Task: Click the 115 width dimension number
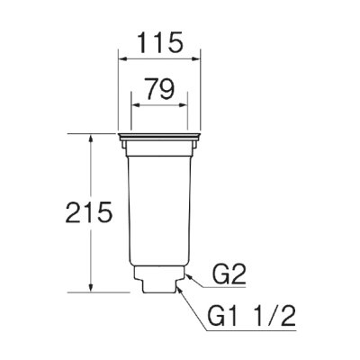click(160, 42)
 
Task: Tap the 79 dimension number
click(159, 89)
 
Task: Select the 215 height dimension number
click(89, 212)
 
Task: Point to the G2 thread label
click(229, 274)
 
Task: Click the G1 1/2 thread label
click(252, 316)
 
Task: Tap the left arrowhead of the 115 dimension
click(123, 59)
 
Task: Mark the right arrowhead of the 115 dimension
click(195, 59)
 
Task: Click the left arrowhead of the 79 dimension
click(137, 105)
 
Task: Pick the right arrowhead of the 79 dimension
click(183, 105)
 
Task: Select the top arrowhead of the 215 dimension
click(91, 139)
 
